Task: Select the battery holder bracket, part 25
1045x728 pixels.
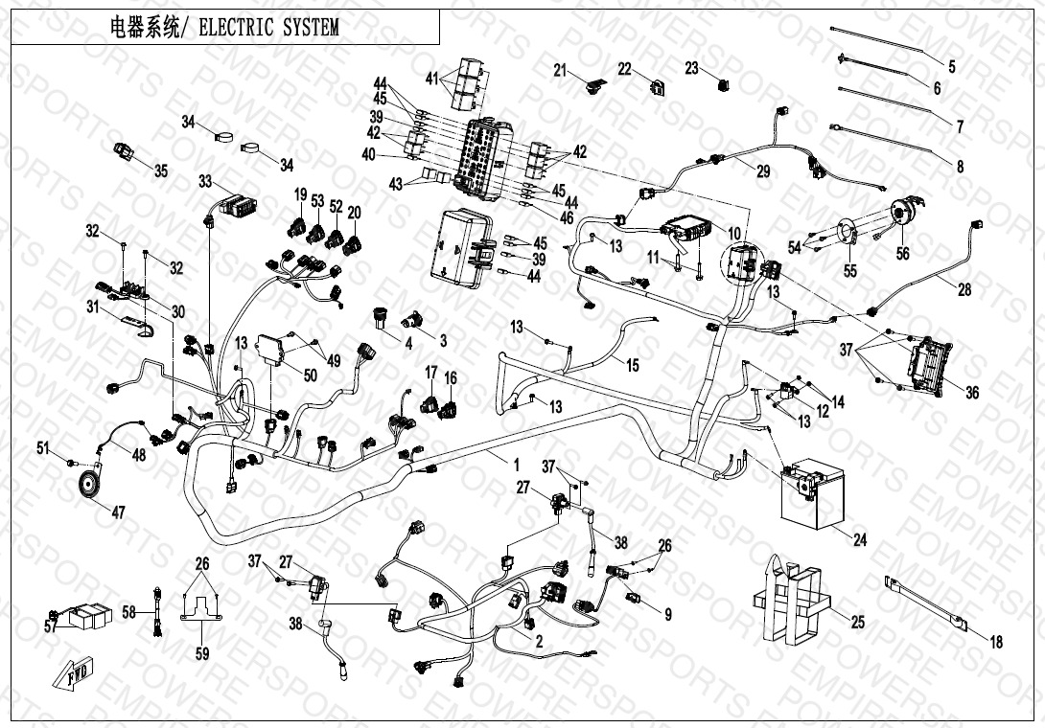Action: coord(788,601)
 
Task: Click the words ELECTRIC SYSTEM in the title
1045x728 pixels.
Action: coord(269,28)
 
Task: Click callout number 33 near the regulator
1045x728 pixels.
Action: coord(205,181)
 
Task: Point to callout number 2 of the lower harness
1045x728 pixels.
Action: coord(540,642)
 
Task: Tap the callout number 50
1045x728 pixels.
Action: coord(309,375)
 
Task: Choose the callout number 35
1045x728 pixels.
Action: coord(160,171)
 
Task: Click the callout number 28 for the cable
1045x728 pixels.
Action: coord(964,288)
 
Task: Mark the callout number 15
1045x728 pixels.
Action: coord(632,364)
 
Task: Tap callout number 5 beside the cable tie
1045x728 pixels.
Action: coord(951,67)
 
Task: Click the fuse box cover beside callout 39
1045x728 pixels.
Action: coord(460,247)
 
